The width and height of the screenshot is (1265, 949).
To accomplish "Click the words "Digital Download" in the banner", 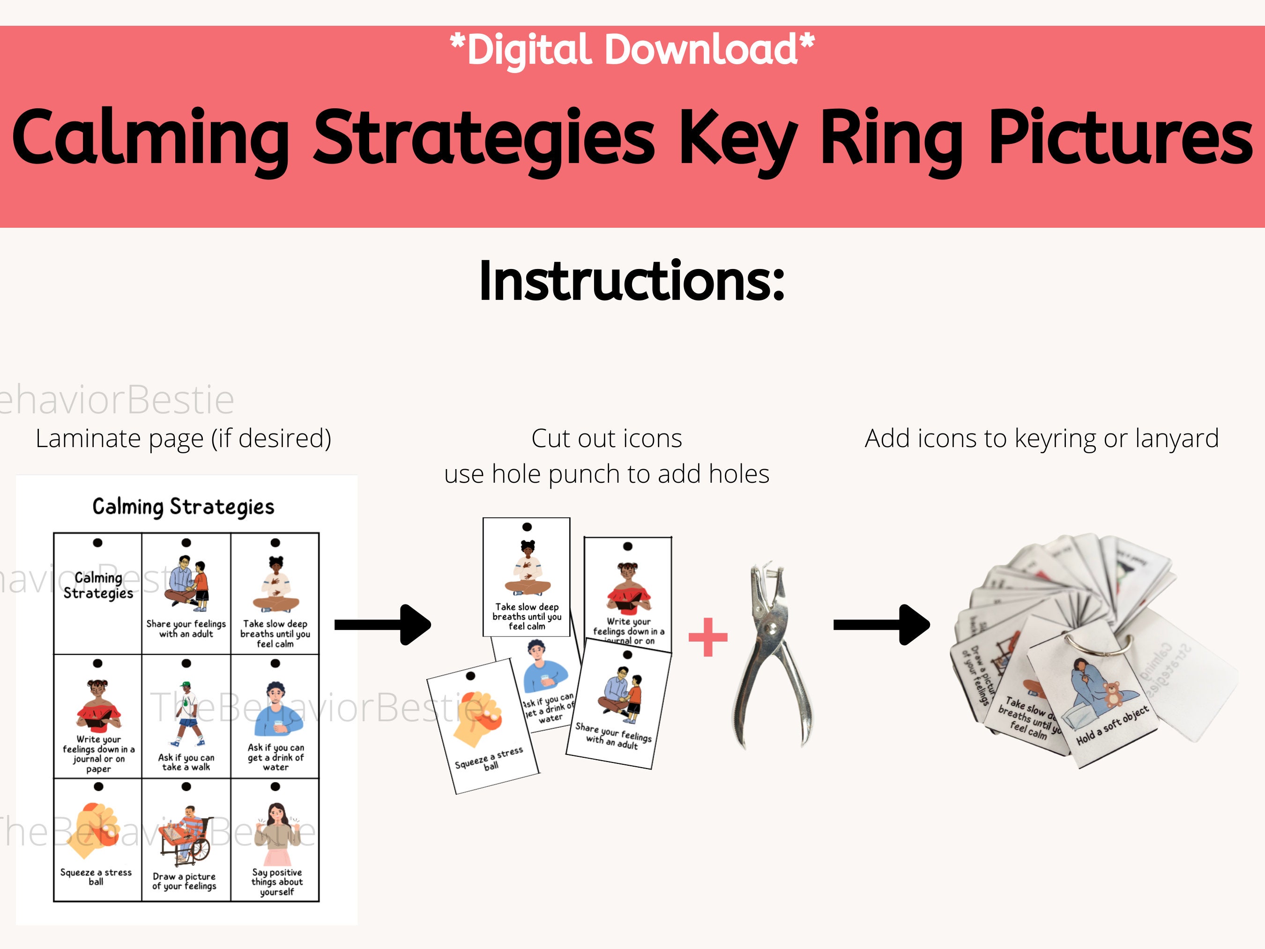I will point(632,50).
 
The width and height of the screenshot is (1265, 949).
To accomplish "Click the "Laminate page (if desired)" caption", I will point(183,439).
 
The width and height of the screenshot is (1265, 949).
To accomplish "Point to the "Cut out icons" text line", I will point(606,439).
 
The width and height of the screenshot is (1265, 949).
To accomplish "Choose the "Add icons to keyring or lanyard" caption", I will point(1042,439).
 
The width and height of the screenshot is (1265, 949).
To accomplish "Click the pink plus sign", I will point(708,637).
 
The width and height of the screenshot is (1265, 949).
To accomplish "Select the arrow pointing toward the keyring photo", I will point(881,625).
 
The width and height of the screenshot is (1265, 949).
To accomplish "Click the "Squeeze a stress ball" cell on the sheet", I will point(97,840).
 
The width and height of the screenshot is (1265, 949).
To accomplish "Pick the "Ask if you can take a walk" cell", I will point(186,716).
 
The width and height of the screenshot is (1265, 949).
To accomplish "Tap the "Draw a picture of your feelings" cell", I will point(186,840).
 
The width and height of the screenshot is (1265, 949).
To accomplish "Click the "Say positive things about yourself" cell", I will point(275,840).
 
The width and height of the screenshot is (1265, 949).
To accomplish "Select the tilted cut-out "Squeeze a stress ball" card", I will point(483,726).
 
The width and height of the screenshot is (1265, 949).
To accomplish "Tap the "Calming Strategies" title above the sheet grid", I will point(183,507).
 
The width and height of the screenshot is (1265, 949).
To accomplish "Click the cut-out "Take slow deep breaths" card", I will point(527,576).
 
